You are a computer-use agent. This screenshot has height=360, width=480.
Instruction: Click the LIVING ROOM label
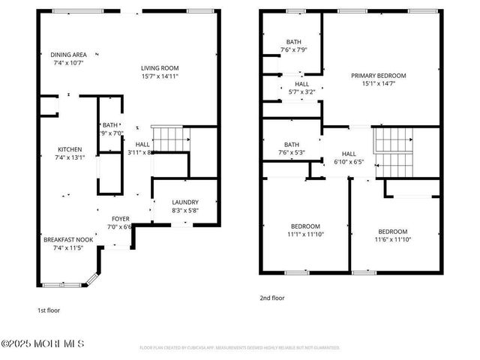pos(160,67)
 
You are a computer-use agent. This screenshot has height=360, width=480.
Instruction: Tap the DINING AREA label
pos(69,55)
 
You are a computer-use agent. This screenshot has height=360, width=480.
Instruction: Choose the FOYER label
pos(120,219)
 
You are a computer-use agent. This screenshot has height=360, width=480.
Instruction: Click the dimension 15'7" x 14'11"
pos(160,76)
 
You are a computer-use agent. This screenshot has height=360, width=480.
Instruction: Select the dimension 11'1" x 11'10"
pos(305,234)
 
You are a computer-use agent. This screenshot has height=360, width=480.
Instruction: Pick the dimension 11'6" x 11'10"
pos(392,239)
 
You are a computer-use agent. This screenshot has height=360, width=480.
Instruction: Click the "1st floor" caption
pos(49,310)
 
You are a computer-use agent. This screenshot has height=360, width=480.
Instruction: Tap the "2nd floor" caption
pos(272,298)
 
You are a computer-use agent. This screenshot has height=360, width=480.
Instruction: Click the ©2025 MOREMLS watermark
pos(43,343)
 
